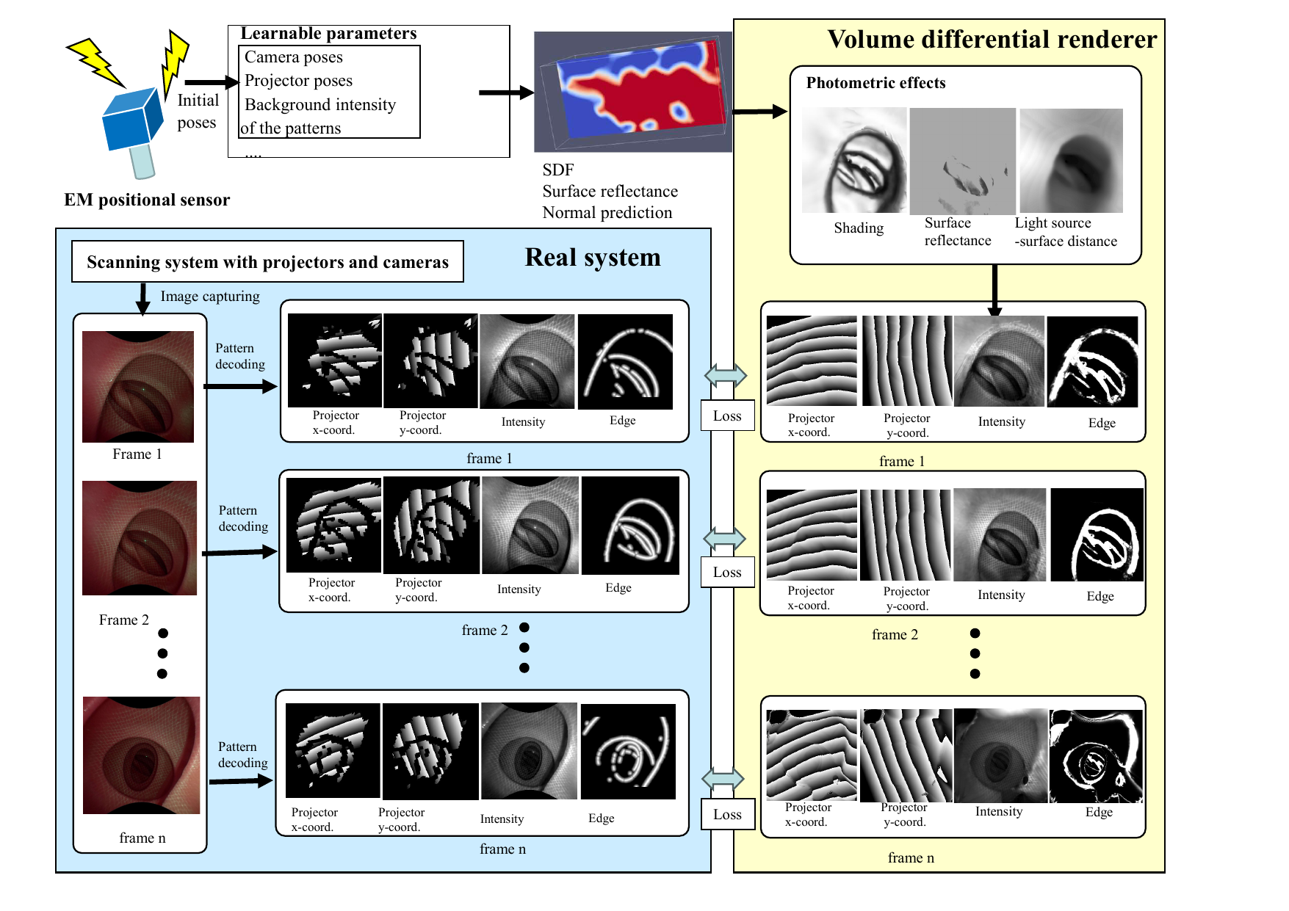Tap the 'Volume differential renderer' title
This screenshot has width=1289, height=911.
992,40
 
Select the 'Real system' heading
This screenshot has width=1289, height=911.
592,258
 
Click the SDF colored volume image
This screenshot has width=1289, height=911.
632,92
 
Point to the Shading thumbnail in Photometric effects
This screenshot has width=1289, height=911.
854,161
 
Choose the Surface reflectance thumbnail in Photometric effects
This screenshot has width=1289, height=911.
962,161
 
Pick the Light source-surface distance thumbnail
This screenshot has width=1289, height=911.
1071,161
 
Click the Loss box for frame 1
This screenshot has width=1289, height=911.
727,416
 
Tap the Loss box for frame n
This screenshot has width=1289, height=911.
727,815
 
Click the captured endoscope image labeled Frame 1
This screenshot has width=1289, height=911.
138,387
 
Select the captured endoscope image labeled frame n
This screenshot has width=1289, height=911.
141,755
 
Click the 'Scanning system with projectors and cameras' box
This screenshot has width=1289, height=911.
267,262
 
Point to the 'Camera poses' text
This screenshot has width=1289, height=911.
294,57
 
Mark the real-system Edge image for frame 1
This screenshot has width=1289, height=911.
625,362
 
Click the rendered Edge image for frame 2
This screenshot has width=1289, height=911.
1097,534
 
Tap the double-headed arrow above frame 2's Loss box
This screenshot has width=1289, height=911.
725,539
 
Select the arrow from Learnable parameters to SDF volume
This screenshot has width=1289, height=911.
506,92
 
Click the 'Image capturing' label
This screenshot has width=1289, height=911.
210,297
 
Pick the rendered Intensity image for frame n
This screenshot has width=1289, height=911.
1000,755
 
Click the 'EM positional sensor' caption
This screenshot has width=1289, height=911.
147,200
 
